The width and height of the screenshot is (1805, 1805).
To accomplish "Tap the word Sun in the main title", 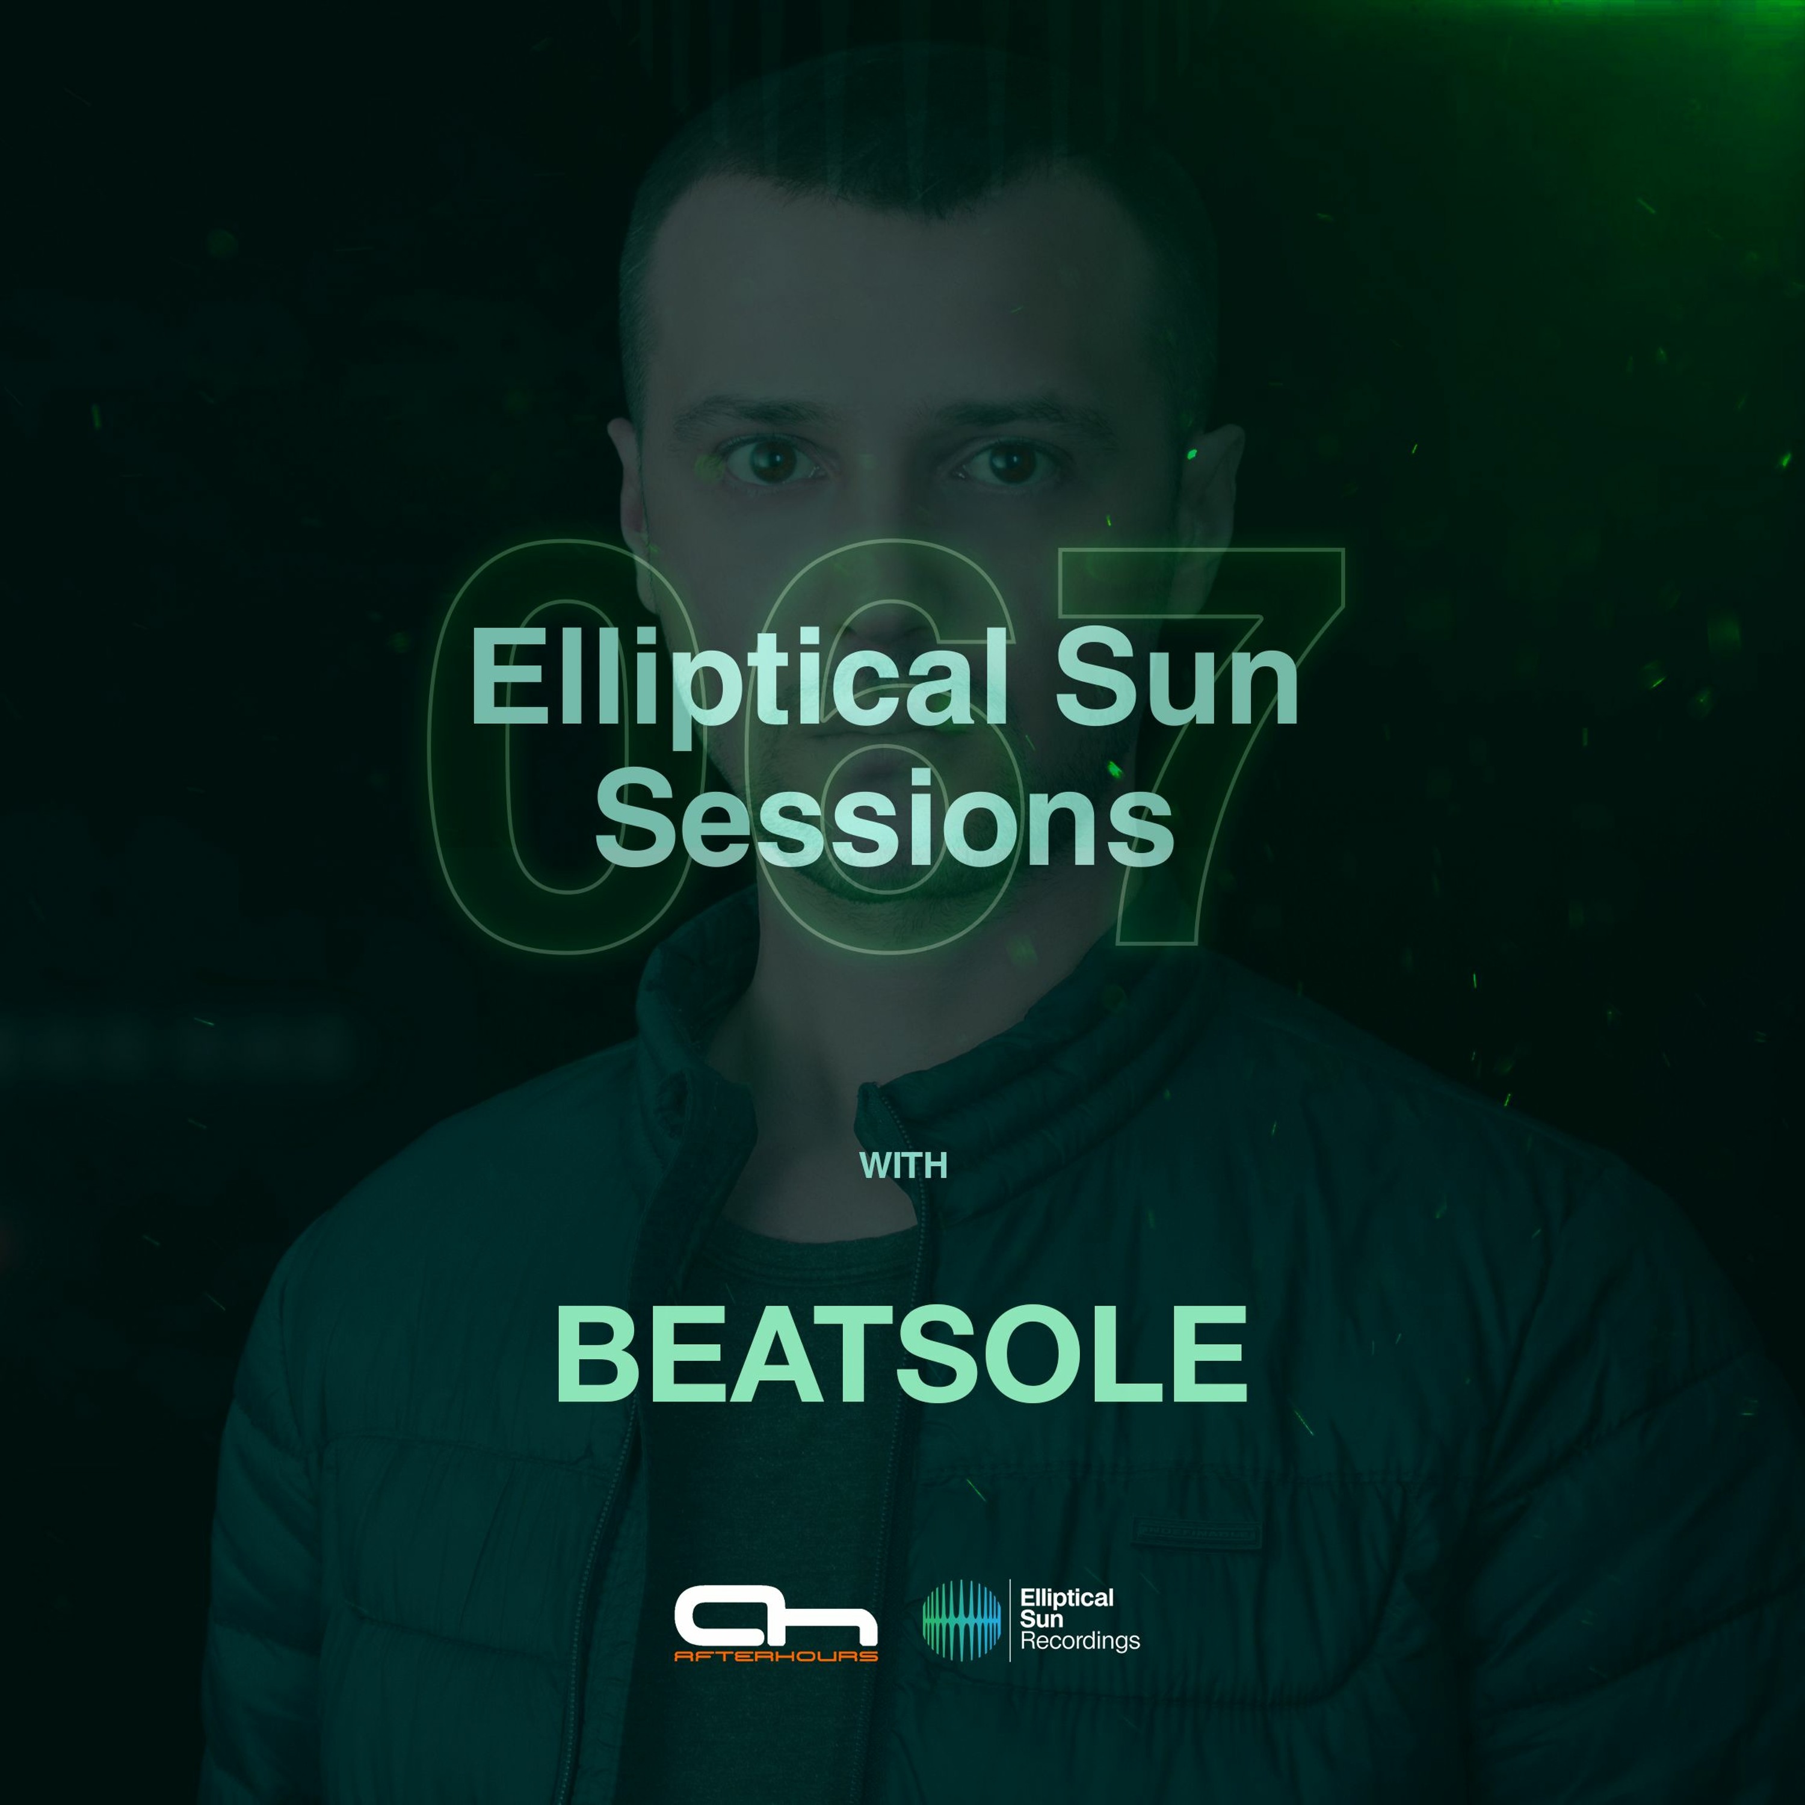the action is point(1177,677).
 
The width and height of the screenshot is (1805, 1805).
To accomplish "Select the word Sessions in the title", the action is point(884,818).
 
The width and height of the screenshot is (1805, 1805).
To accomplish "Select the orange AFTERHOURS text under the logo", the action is point(776,1656).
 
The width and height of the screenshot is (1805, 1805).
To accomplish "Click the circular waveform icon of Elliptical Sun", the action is point(961,1620).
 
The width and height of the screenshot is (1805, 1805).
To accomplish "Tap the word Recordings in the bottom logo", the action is point(1080,1641).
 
